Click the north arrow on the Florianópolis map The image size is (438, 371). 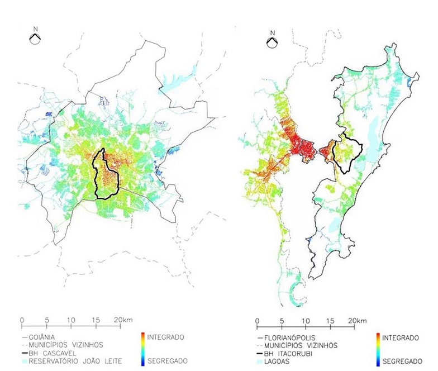(272, 42)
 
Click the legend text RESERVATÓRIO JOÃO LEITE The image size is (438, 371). (74, 361)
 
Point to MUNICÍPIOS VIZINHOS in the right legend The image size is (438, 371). (299, 345)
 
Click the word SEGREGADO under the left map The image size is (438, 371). (167, 362)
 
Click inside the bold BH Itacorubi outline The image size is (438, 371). (347, 151)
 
